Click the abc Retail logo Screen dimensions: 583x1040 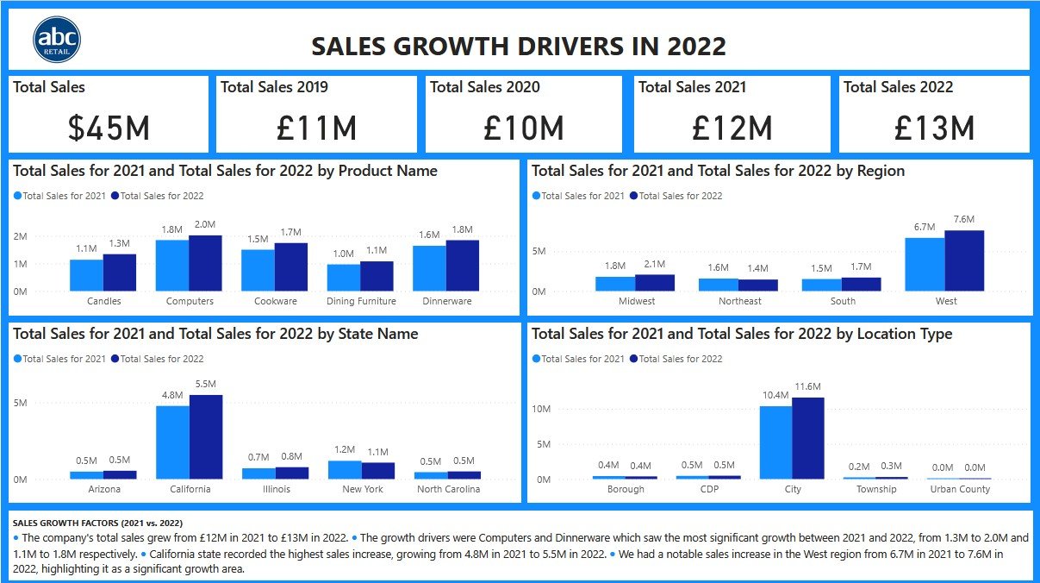click(57, 41)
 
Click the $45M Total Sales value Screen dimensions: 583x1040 click(109, 129)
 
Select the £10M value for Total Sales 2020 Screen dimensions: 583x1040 click(524, 129)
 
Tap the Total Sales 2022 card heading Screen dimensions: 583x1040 click(898, 87)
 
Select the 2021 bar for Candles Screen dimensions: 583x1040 click(86, 275)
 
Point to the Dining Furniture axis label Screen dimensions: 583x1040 click(361, 301)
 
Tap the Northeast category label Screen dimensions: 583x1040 click(740, 301)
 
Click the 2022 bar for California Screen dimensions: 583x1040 click(206, 436)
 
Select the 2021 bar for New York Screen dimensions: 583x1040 click(345, 469)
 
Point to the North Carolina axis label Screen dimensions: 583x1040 click(448, 489)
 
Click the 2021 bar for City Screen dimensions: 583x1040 click(775, 442)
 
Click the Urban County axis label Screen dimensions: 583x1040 click(960, 489)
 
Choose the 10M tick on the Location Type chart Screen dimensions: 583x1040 click(541, 409)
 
